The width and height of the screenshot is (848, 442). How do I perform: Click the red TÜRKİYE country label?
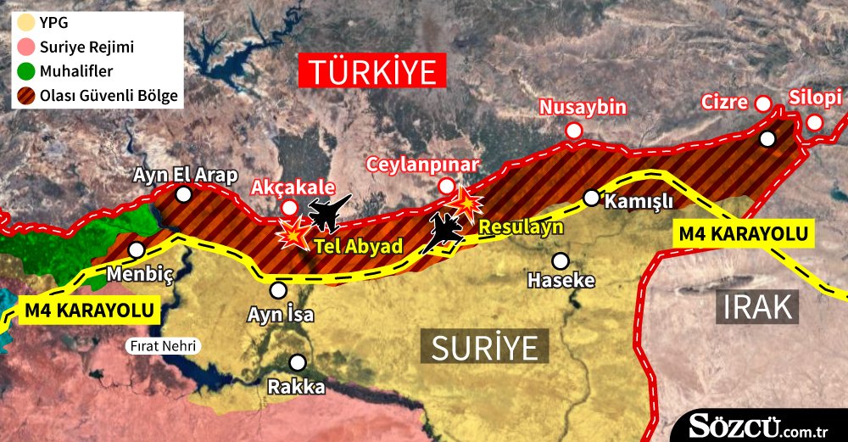(x=372, y=71)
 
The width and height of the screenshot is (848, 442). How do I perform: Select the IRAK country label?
(x=757, y=306)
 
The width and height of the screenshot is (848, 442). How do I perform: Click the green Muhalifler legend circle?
(x=26, y=71)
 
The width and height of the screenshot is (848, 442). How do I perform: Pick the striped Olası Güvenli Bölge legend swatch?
(x=26, y=96)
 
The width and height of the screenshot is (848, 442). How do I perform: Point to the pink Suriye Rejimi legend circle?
(x=26, y=47)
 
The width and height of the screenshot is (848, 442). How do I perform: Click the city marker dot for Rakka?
(x=297, y=361)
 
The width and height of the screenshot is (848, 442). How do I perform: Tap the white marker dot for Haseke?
(x=560, y=260)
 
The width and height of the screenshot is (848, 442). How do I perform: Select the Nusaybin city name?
(x=583, y=108)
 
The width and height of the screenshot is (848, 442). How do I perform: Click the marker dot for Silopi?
(x=814, y=122)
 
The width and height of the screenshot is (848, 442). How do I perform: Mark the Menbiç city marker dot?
(x=136, y=250)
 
